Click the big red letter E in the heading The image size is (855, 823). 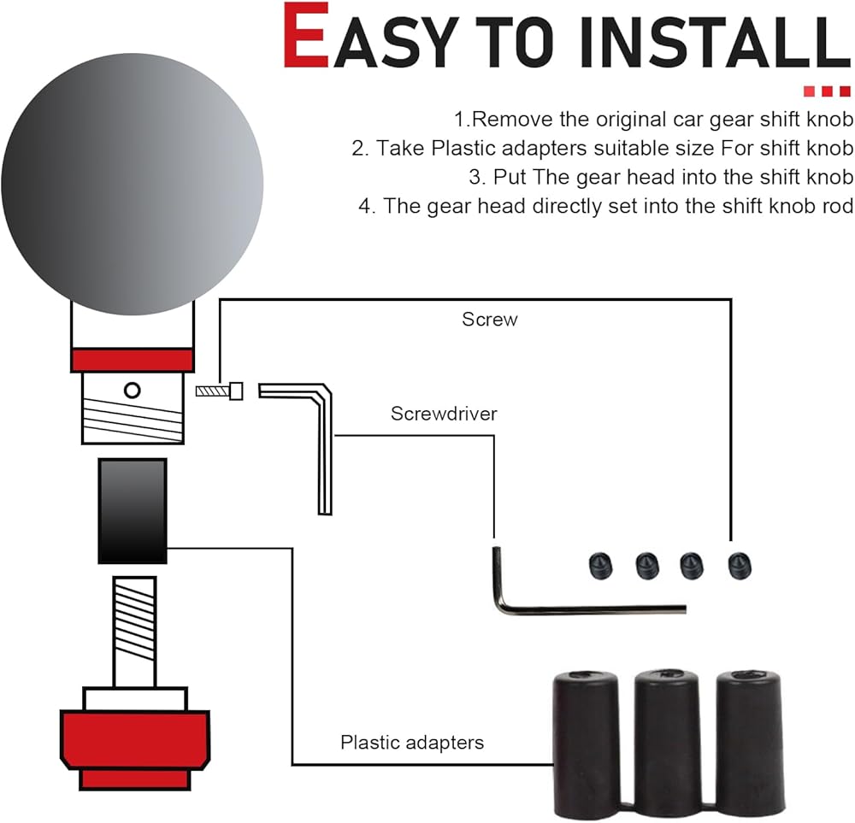[306, 36]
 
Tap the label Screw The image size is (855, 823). [490, 320]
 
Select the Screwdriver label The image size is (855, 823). [444, 414]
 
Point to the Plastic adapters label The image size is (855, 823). [412, 743]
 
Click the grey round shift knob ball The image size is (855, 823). [132, 184]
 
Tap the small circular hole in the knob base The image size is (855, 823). [132, 391]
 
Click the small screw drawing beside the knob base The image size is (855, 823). [219, 391]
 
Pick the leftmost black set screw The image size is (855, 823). [601, 566]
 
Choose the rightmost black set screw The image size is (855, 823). [740, 566]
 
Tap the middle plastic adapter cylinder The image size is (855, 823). [667, 744]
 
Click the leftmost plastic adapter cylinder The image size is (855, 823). [587, 744]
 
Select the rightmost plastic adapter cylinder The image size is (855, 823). [750, 744]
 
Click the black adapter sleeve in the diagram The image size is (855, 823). [133, 511]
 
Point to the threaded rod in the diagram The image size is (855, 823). [135, 632]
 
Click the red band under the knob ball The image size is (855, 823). [133, 360]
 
